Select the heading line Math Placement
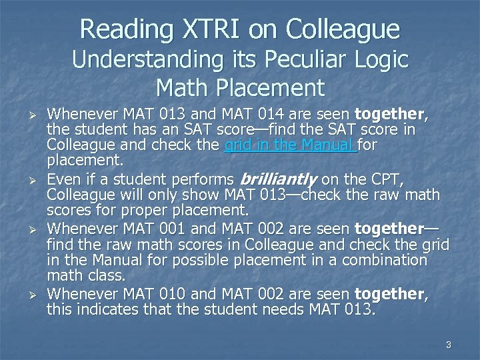pos(240,87)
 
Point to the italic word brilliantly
pos(275,179)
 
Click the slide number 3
pos(449,345)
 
